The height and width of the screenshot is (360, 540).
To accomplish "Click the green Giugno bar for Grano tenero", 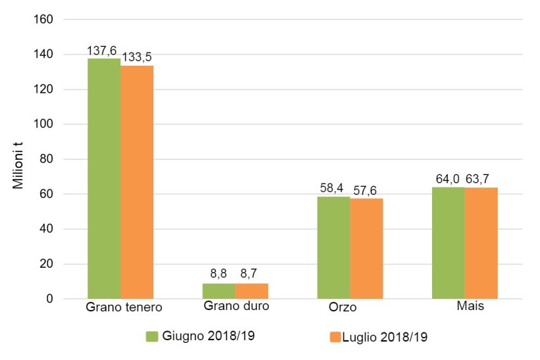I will [104, 178].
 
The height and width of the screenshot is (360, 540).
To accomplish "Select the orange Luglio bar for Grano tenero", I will [137, 182].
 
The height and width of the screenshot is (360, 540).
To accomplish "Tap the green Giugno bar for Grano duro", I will [219, 291].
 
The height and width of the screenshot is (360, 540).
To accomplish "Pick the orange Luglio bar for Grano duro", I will [252, 291].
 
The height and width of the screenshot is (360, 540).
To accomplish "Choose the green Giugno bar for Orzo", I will [333, 247].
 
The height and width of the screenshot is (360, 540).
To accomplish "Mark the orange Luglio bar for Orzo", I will [366, 249].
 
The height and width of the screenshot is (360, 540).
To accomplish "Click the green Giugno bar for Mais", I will [448, 243].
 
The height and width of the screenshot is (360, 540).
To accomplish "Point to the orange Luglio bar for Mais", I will [481, 244].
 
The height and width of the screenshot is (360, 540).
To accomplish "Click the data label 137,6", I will [102, 50].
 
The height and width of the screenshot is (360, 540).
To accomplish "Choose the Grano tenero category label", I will [124, 307].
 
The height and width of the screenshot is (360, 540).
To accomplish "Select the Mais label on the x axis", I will [470, 307].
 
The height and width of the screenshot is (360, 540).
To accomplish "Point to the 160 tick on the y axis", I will [43, 19].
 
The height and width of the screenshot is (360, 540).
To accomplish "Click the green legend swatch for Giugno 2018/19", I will [151, 336].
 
